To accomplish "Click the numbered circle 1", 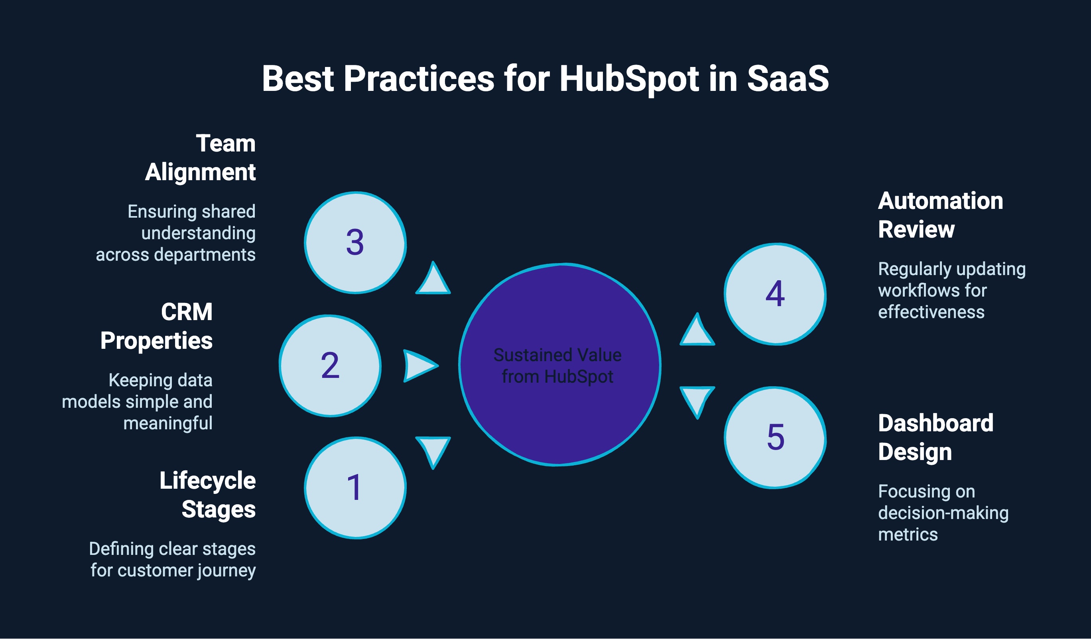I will (x=355, y=488).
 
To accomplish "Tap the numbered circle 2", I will (x=330, y=366).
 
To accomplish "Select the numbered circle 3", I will (x=355, y=243).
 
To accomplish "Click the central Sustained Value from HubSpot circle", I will (x=559, y=365).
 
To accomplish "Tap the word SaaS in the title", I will (x=788, y=79).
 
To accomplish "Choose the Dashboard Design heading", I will (x=935, y=437).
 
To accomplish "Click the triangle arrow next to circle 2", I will (x=418, y=366).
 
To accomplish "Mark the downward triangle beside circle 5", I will (x=697, y=399).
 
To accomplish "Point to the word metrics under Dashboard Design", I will (x=908, y=535).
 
